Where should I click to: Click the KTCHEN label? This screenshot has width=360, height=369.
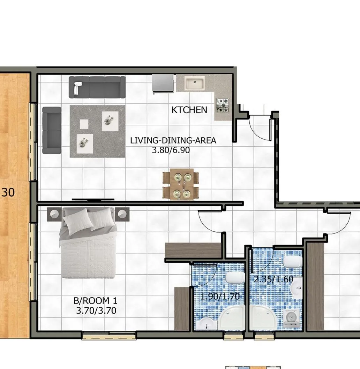[x=189, y=110]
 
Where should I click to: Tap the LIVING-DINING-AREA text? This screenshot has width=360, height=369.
[x=173, y=140]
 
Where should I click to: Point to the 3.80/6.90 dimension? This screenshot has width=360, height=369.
[x=171, y=150]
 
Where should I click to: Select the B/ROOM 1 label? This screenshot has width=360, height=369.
[x=95, y=301]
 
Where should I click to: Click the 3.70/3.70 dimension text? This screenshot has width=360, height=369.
[x=96, y=311]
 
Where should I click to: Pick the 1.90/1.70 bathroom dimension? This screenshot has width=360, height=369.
[x=220, y=296]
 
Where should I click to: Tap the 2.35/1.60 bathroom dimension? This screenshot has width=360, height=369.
[x=273, y=279]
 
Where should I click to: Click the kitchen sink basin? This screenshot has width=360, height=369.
[x=195, y=83]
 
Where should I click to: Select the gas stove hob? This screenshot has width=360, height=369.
[x=223, y=105]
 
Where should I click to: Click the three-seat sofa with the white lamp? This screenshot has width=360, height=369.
[x=97, y=87]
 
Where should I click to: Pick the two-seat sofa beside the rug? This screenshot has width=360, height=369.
[x=52, y=130]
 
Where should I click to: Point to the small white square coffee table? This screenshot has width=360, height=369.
[x=84, y=124]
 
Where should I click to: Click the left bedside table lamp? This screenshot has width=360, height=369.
[x=54, y=214]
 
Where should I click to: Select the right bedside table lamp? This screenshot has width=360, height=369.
[x=122, y=214]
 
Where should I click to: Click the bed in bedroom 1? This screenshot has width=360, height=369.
[x=88, y=243]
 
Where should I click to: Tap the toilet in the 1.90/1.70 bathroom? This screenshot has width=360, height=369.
[x=235, y=278]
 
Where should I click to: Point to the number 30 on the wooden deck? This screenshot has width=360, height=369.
[x=8, y=192]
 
